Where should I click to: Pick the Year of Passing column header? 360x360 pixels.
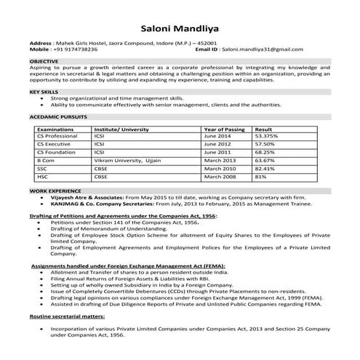[x=224, y=128]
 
